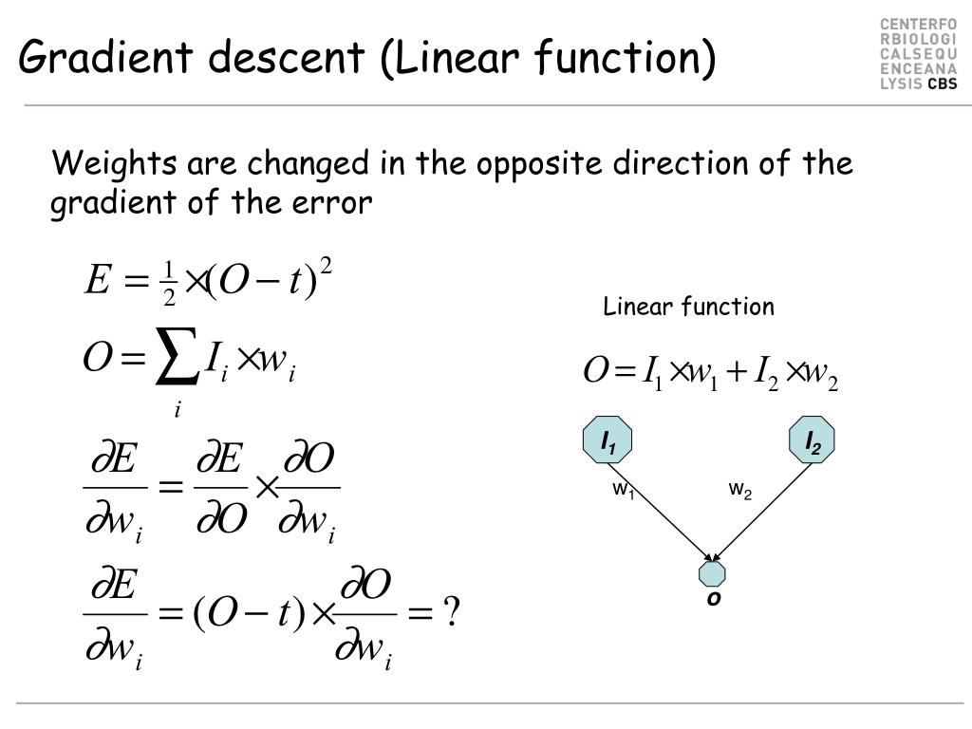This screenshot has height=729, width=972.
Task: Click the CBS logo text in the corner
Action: coord(942,84)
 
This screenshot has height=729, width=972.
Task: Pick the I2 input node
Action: coord(813,440)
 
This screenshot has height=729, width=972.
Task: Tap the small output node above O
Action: coord(712,573)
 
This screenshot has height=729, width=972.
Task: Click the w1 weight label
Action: coord(623,490)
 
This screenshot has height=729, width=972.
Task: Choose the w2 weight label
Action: coord(740,490)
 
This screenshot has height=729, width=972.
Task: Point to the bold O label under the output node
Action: coord(713,600)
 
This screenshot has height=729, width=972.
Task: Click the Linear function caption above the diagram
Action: coord(689,307)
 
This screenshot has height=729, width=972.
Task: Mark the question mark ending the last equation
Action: coord(452,615)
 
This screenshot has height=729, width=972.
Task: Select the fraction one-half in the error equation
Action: coord(170,284)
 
